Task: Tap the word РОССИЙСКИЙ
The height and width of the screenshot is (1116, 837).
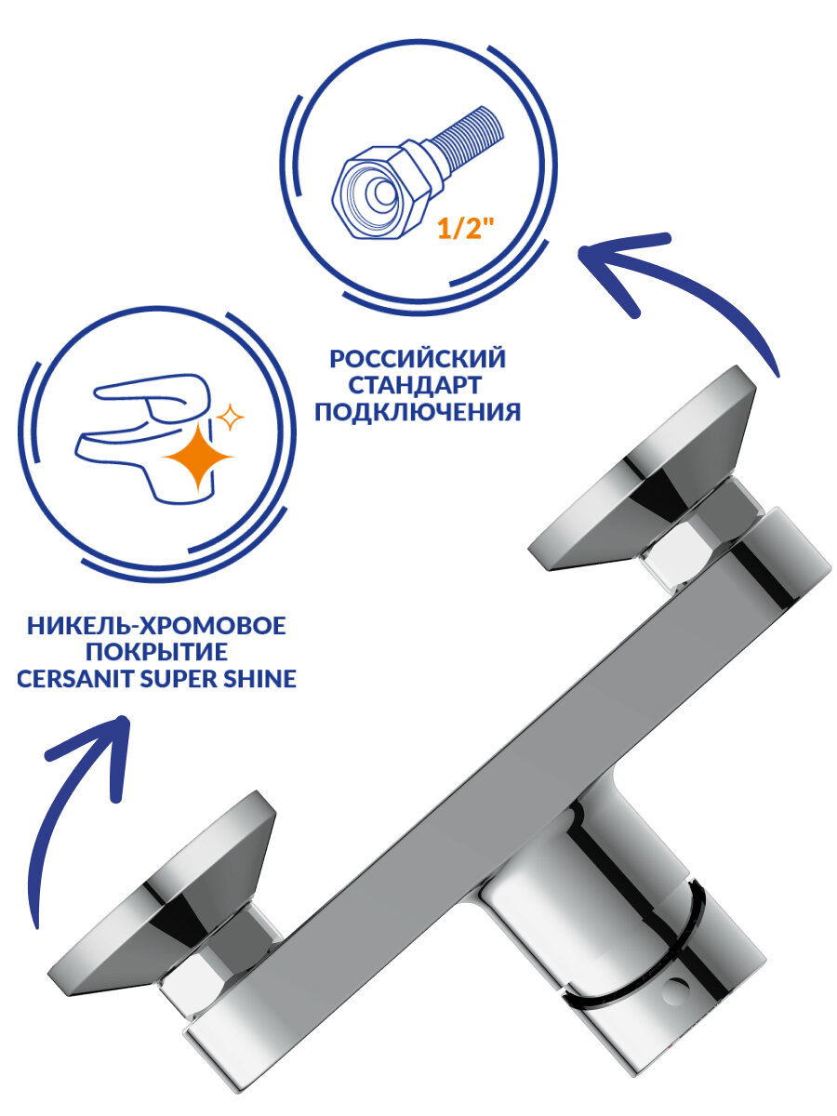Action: pos(418,359)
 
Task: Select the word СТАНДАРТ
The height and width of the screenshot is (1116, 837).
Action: pos(418,385)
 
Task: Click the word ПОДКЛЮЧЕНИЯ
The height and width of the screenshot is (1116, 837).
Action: pos(418,411)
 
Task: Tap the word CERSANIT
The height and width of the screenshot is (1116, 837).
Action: pos(78,680)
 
